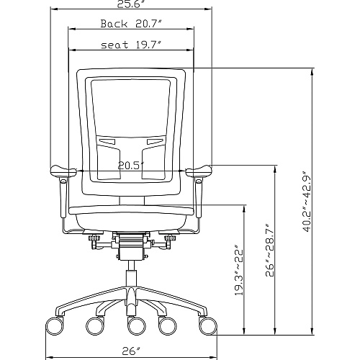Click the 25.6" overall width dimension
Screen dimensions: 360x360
click(131, 4)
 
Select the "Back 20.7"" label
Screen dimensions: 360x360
click(131, 24)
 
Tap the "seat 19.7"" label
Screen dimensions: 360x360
click(131, 45)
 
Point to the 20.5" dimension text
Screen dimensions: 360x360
click(131, 166)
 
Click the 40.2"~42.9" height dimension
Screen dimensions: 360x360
click(307, 202)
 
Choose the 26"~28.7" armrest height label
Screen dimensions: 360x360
click(270, 250)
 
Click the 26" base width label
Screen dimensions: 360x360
click(131, 351)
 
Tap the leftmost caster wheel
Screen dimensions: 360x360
click(55, 325)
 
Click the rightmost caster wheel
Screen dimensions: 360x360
click(208, 325)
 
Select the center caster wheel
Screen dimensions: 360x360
click(137, 325)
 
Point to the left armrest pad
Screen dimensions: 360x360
click(63, 171)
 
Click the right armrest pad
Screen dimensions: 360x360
click(199, 171)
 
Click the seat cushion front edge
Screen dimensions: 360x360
click(131, 210)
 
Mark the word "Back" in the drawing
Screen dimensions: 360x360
click(114, 24)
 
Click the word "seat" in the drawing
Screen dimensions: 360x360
click(114, 45)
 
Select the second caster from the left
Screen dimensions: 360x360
click(95, 325)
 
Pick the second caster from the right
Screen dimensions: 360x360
click(168, 325)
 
